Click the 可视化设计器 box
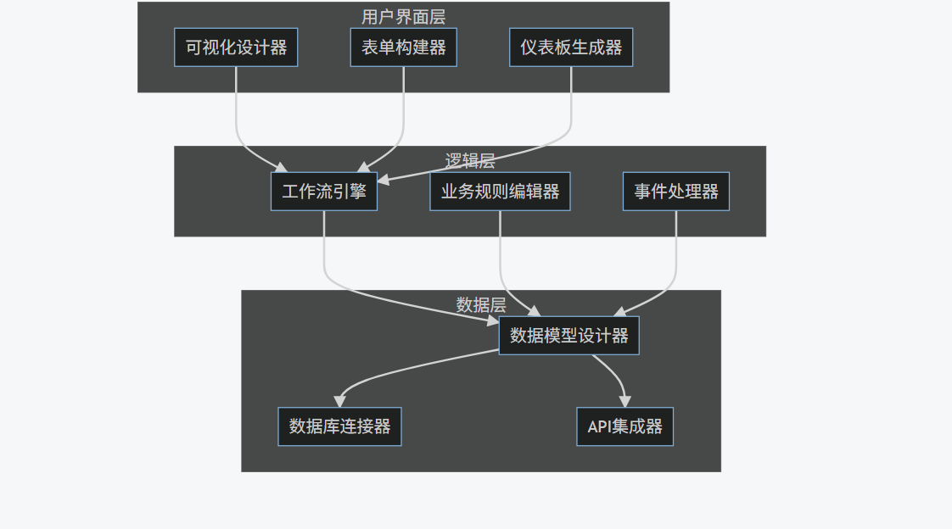(236, 47)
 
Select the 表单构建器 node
(403, 47)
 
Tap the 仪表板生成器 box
(571, 47)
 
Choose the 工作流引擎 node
(324, 192)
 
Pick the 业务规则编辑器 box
(500, 192)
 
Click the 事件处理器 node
(676, 192)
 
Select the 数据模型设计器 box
(568, 336)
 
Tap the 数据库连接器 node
(339, 426)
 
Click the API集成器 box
(624, 426)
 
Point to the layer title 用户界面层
(403, 17)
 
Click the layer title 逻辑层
(470, 161)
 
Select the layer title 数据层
(481, 305)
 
